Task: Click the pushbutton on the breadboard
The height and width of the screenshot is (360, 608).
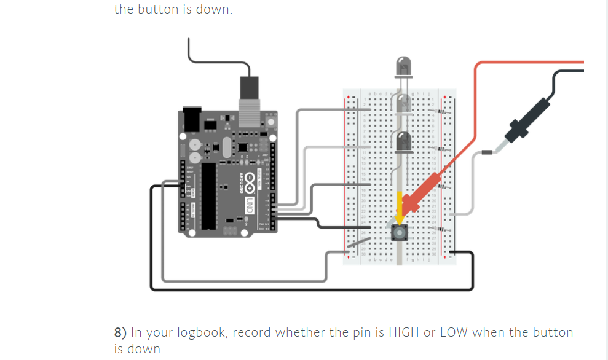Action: coord(400,232)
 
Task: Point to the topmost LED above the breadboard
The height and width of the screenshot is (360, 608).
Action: coord(403,66)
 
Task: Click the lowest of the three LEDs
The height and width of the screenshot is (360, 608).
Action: coord(403,142)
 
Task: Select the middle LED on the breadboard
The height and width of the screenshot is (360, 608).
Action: coord(403,104)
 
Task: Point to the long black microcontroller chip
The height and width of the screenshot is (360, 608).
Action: coord(209,194)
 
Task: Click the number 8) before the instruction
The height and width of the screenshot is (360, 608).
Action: coord(120,332)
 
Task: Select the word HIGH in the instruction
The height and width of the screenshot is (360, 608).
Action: coord(403,332)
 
